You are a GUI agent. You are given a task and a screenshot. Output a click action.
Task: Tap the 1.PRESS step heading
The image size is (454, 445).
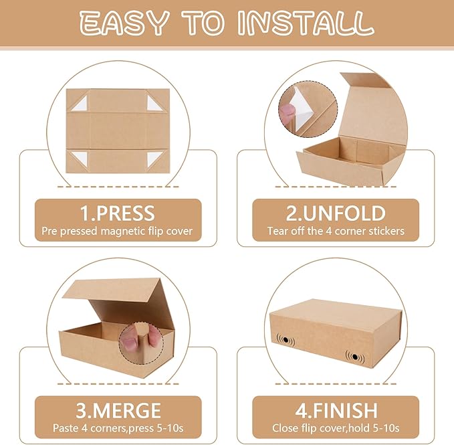(x=118, y=213)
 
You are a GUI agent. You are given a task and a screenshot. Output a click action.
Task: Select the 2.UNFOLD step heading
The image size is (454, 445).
(x=336, y=213)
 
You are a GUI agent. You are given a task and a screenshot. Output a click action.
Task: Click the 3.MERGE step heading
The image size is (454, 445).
(x=118, y=410)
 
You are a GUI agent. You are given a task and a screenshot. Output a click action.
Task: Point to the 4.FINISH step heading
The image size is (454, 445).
(x=336, y=410)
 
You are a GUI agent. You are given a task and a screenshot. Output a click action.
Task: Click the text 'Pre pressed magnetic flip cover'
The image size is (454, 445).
(x=118, y=232)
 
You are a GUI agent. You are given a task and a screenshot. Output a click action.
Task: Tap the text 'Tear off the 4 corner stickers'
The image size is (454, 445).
(x=336, y=232)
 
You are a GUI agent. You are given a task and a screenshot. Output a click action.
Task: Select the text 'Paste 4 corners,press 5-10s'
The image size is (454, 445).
(x=118, y=428)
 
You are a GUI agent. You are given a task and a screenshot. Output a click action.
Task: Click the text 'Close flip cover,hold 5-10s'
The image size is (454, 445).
(x=336, y=428)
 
